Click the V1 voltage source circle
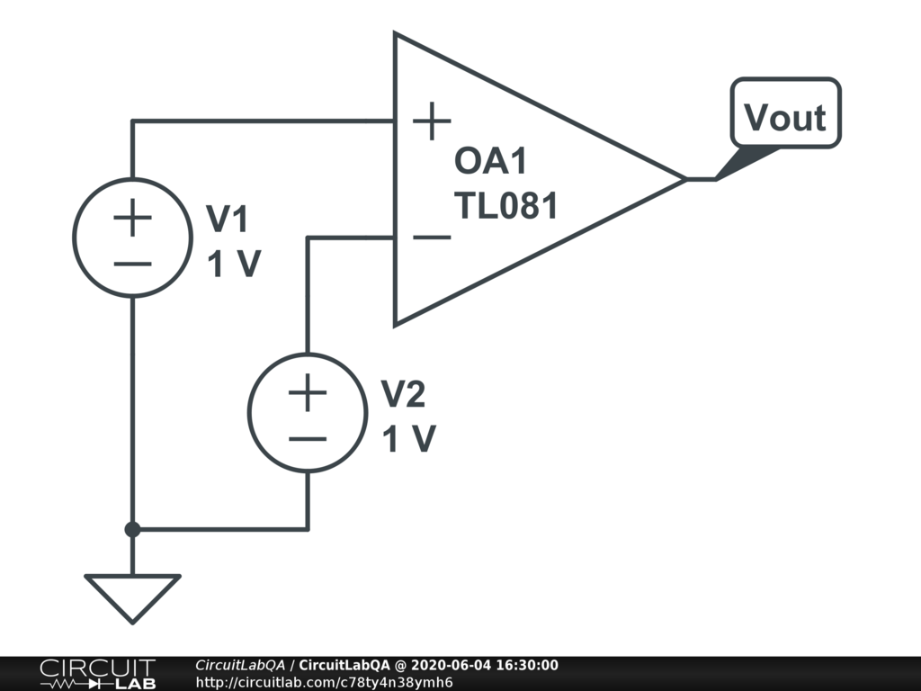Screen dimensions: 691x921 point(132,238)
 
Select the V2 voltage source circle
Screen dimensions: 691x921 point(308,412)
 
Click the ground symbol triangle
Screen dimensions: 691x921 point(132,594)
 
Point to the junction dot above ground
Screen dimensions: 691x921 point(132,529)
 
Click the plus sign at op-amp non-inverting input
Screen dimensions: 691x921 point(432,121)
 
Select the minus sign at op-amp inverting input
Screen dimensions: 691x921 point(432,238)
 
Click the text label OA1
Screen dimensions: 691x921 point(491,163)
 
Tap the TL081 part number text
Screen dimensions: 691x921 point(506,206)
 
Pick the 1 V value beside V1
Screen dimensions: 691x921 point(234,265)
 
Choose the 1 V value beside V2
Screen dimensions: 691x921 point(409,439)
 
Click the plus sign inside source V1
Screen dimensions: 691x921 point(132,218)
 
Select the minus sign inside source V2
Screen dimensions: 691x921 point(308,439)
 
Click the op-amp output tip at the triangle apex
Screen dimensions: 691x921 point(685,179)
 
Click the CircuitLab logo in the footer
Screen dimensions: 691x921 point(97,673)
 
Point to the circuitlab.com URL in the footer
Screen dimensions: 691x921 point(324,682)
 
